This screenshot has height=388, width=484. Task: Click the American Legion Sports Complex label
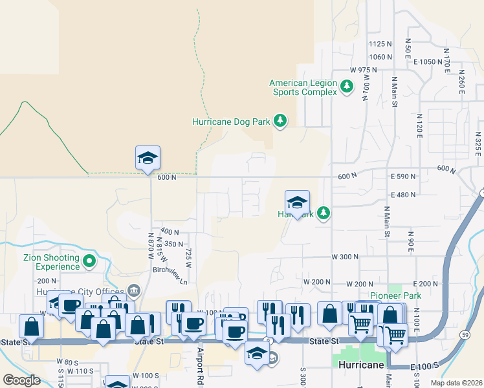click(x=303, y=87)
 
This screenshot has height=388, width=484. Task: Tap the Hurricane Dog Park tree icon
click(x=280, y=121)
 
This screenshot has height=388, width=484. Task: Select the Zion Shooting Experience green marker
click(x=89, y=262)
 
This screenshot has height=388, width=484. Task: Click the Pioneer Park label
click(x=395, y=296)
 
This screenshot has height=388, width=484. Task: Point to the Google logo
click(x=21, y=380)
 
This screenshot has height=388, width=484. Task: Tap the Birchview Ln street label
click(x=170, y=281)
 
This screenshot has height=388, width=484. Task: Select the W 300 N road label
click(x=345, y=257)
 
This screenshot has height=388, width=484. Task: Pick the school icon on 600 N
click(x=148, y=157)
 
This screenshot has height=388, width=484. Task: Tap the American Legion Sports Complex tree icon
click(x=347, y=86)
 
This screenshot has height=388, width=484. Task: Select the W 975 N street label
click(x=363, y=69)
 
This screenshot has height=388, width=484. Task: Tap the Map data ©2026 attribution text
click(x=456, y=383)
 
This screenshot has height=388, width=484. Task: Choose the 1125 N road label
click(x=380, y=44)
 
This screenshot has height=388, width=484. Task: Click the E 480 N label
click(x=403, y=195)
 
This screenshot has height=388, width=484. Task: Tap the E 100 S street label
click(x=425, y=366)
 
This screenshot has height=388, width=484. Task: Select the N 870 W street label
click(x=151, y=246)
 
